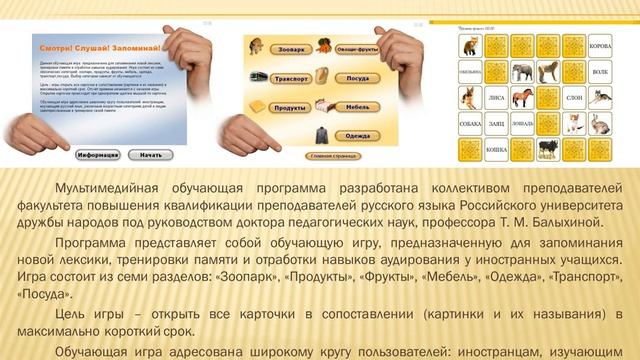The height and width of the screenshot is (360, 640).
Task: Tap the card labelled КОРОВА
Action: [x=600, y=46]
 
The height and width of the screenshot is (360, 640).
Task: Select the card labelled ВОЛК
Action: [x=600, y=72]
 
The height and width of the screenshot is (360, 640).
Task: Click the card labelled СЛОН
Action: [x=574, y=99]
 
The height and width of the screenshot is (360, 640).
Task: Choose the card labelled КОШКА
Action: [x=497, y=150]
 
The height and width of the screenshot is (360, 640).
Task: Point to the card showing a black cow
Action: [x=548, y=150]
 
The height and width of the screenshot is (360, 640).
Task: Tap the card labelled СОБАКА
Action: [x=471, y=124]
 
